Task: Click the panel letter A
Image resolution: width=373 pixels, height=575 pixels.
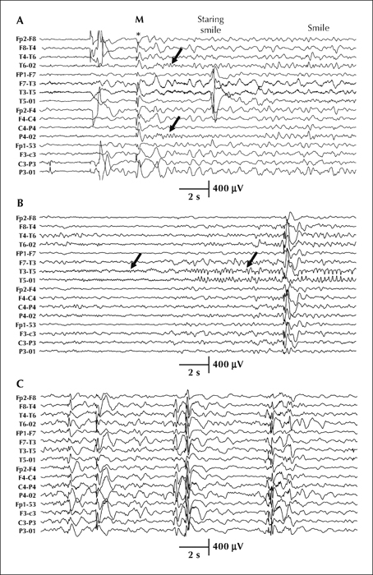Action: (x=20, y=21)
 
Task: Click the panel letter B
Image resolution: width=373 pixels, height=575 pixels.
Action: (x=20, y=203)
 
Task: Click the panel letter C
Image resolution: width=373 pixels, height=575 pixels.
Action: (x=21, y=384)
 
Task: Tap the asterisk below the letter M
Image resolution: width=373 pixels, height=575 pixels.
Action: (x=138, y=34)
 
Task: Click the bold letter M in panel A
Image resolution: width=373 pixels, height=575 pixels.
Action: (x=140, y=20)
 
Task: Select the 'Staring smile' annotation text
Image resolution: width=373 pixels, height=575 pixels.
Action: (x=210, y=25)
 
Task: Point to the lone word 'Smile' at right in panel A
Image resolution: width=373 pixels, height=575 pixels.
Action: (x=318, y=28)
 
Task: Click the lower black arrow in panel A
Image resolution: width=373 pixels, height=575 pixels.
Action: (x=174, y=124)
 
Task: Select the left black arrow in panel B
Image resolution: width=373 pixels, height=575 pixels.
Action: (x=136, y=260)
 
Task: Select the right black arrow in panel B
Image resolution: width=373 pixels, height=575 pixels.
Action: (x=252, y=260)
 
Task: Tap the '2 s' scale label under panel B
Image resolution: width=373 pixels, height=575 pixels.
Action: (x=194, y=373)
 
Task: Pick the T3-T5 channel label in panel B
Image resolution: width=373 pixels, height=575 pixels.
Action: (x=27, y=271)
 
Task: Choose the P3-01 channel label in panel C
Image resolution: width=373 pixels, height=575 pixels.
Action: (x=27, y=531)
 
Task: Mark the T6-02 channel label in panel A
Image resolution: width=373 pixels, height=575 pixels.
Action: (x=27, y=66)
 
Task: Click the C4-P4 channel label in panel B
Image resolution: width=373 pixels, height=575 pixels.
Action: (x=27, y=306)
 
